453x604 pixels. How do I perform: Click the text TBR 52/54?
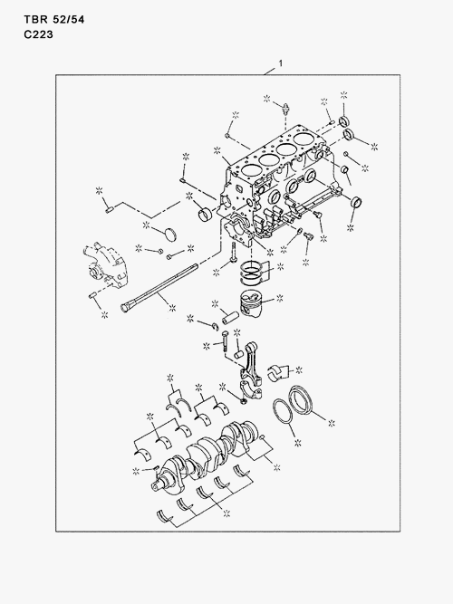tap(54, 19)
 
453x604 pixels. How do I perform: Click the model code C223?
tap(38, 34)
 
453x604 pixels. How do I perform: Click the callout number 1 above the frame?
tap(281, 63)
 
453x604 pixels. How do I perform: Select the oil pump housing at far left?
tap(104, 266)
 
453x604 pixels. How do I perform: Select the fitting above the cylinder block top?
tap(285, 109)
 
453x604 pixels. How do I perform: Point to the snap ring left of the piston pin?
tap(216, 328)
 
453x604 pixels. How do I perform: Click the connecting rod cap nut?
tap(244, 402)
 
